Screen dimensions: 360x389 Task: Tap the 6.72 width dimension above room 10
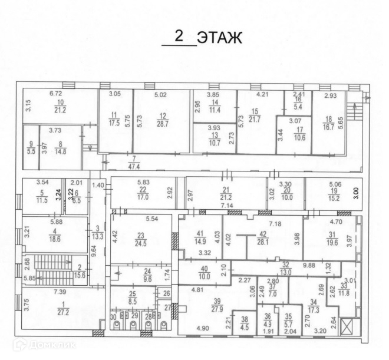click(x=56, y=94)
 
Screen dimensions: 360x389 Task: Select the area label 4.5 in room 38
click(x=245, y=328)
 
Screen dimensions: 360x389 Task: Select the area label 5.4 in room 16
click(x=298, y=107)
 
